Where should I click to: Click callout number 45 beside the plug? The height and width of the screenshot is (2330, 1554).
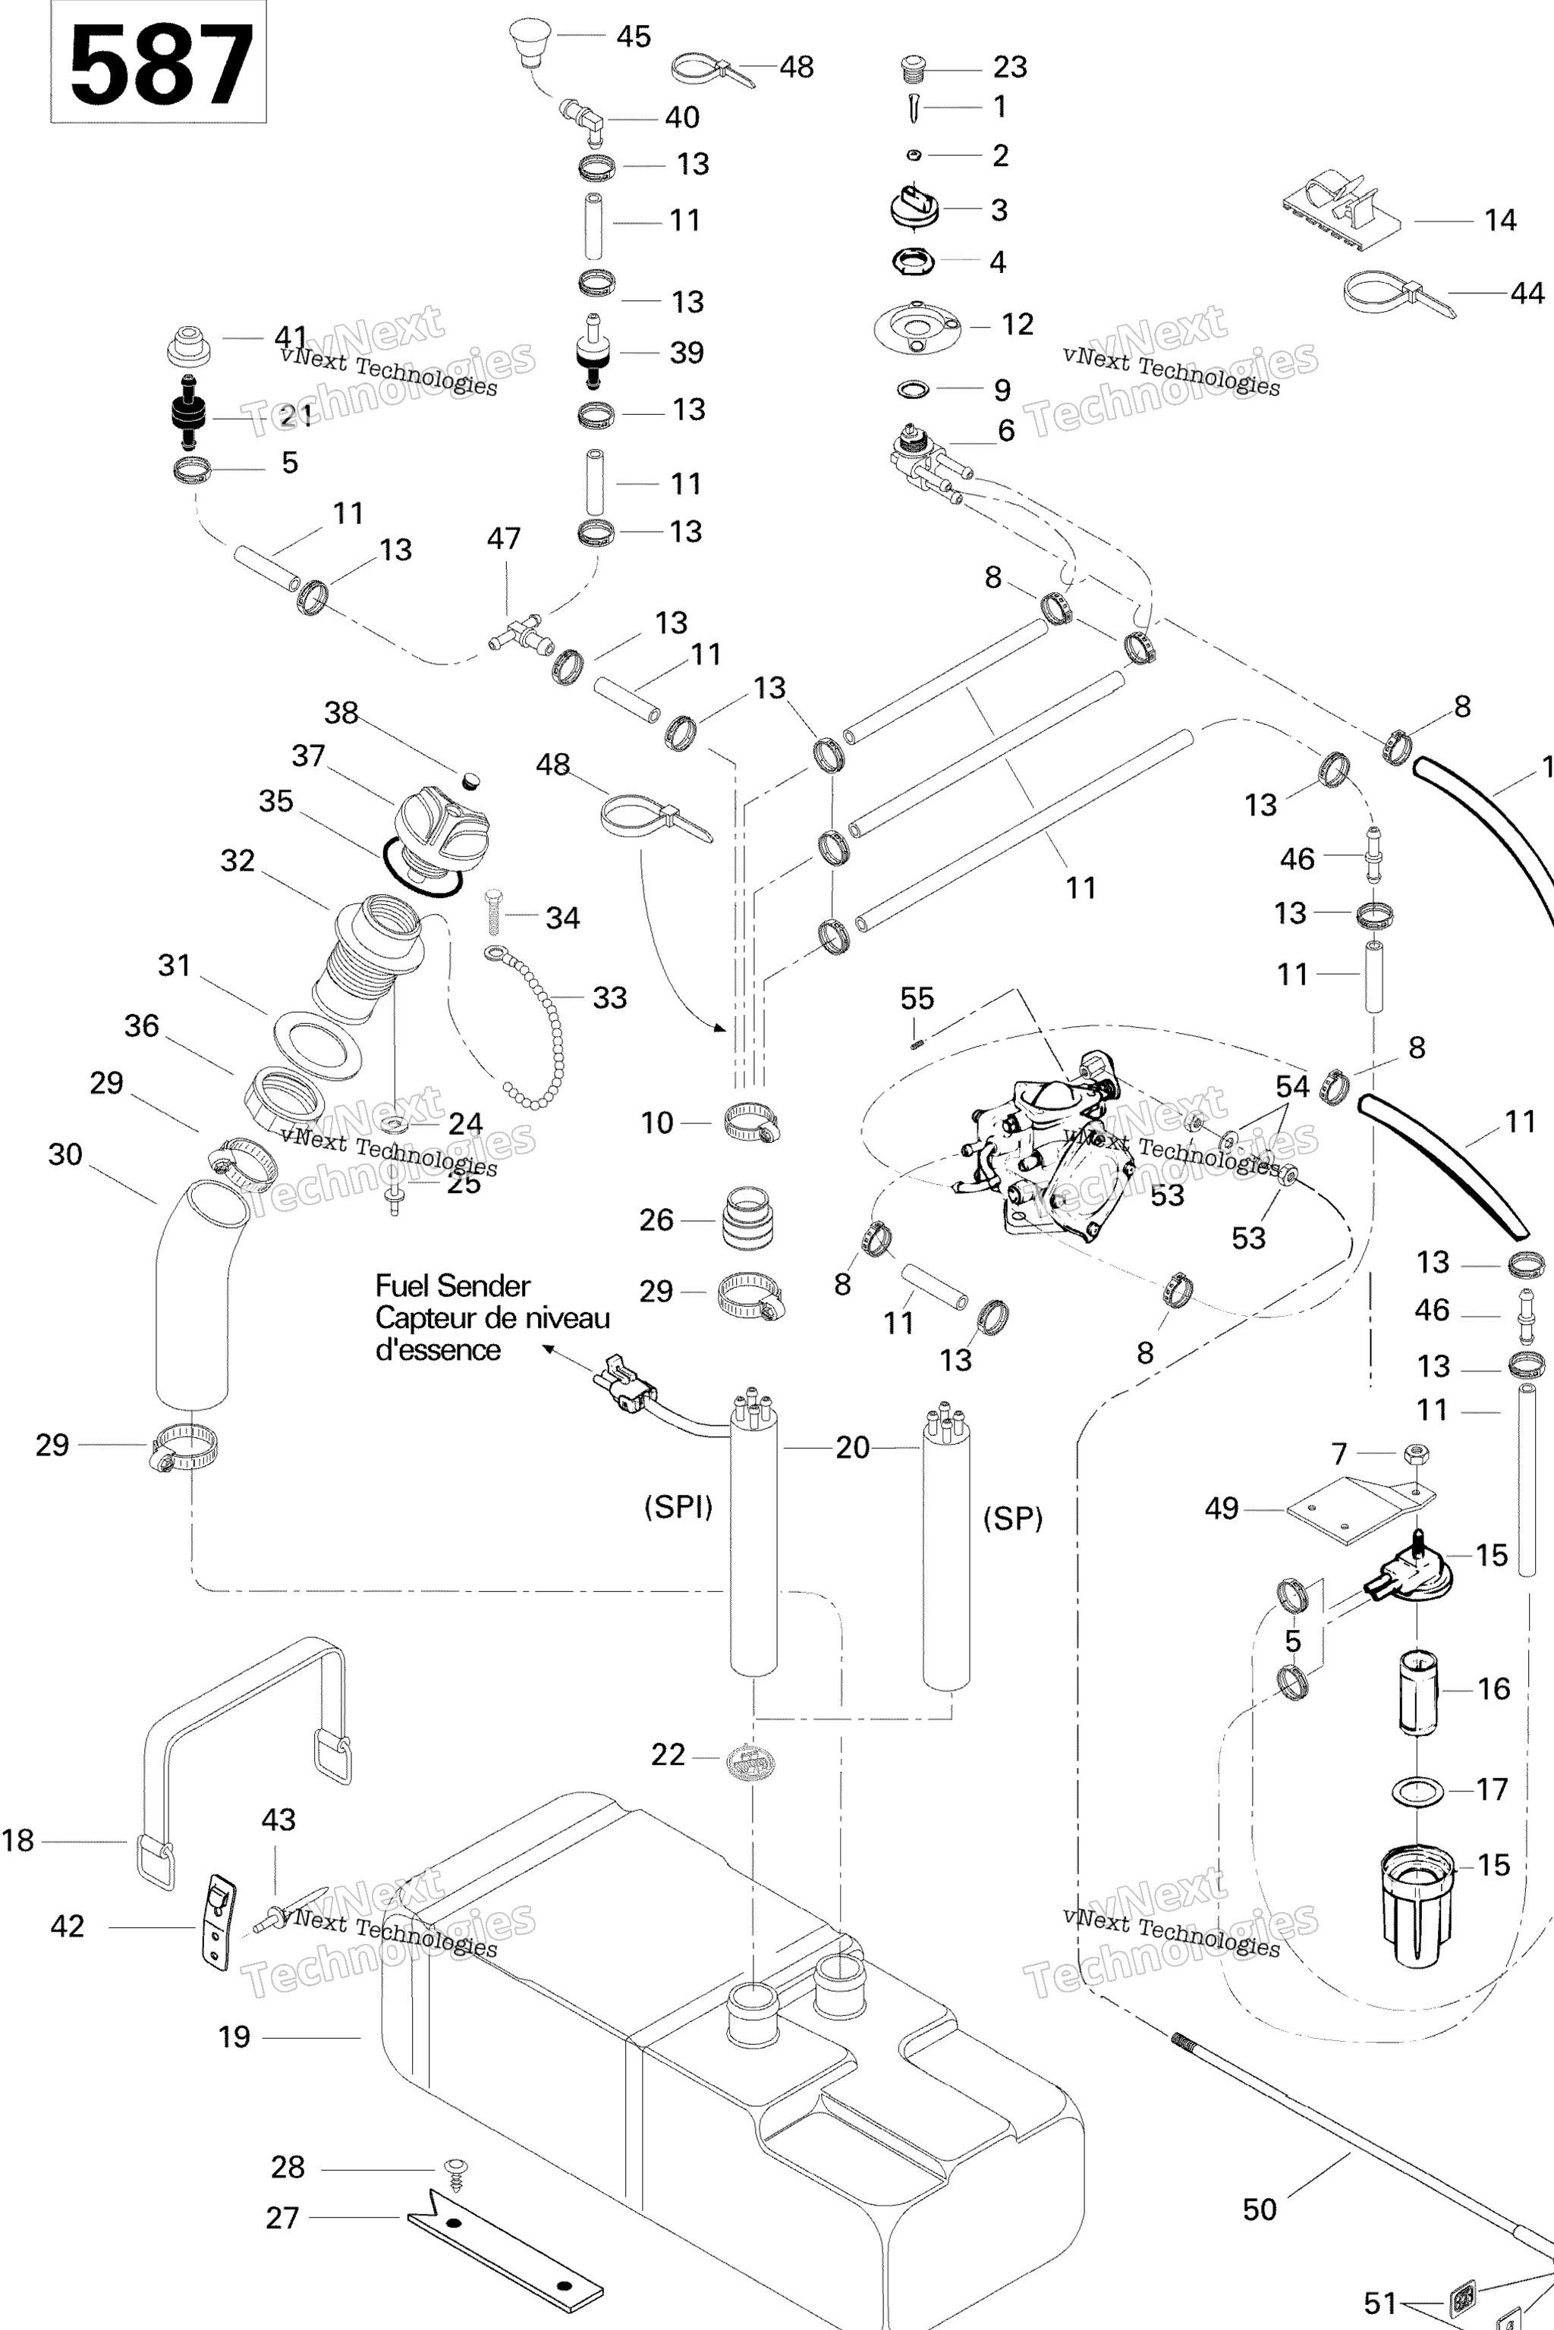pyautogui.click(x=634, y=36)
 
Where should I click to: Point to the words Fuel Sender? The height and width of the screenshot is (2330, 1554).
pyautogui.click(x=452, y=1286)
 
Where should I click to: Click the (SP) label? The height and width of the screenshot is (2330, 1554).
pyautogui.click(x=1013, y=1518)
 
